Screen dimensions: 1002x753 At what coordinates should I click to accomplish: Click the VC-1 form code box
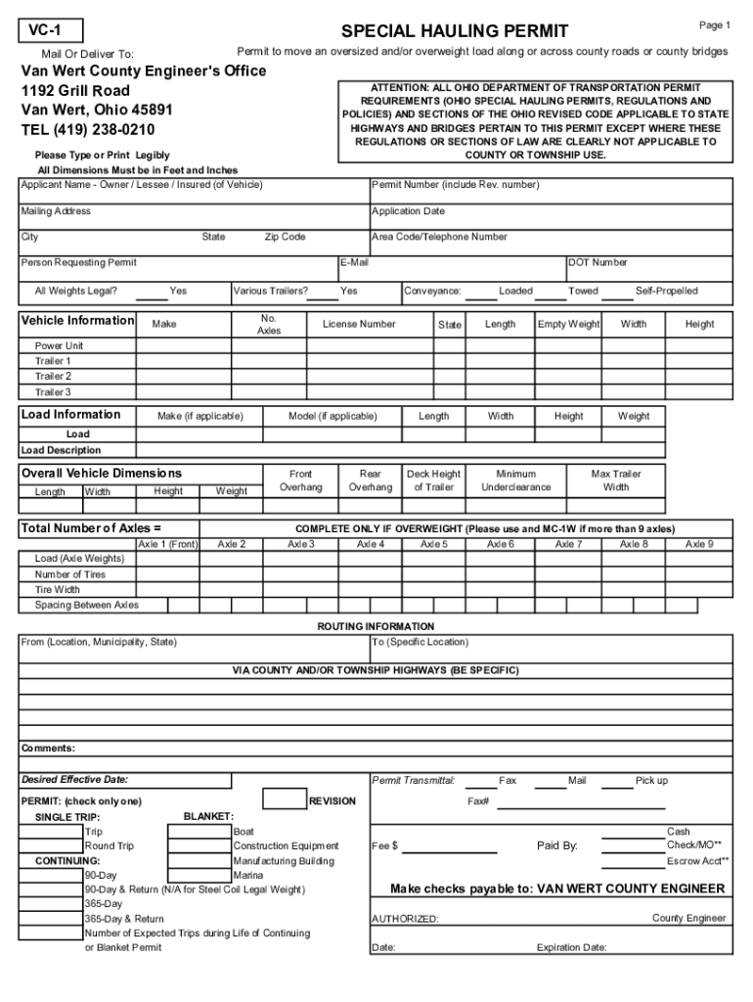click(52, 31)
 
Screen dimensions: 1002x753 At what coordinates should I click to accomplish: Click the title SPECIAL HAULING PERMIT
click(454, 31)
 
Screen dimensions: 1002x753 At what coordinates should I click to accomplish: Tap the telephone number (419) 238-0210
click(88, 129)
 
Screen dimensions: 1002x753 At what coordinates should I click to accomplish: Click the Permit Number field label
click(455, 184)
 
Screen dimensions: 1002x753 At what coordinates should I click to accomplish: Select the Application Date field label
click(408, 210)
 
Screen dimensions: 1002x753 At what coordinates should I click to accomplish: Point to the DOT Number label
click(598, 262)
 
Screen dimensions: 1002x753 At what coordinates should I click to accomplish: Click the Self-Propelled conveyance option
click(666, 291)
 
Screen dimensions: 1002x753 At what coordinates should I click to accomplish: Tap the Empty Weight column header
click(568, 324)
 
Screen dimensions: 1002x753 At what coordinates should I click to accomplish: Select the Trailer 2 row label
click(54, 376)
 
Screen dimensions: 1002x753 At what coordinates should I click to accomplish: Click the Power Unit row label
click(60, 345)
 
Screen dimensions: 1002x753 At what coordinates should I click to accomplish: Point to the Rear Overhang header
click(370, 480)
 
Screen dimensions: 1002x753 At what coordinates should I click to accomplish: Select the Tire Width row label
click(58, 589)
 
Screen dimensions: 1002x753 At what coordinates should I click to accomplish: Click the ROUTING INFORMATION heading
click(376, 626)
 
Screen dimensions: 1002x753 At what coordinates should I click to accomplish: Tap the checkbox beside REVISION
click(285, 800)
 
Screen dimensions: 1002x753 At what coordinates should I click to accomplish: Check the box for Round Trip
click(51, 845)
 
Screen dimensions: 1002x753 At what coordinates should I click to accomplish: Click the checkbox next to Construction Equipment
click(199, 845)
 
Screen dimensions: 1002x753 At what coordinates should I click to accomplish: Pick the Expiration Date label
click(571, 947)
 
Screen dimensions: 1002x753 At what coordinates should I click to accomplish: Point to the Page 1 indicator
click(714, 25)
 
